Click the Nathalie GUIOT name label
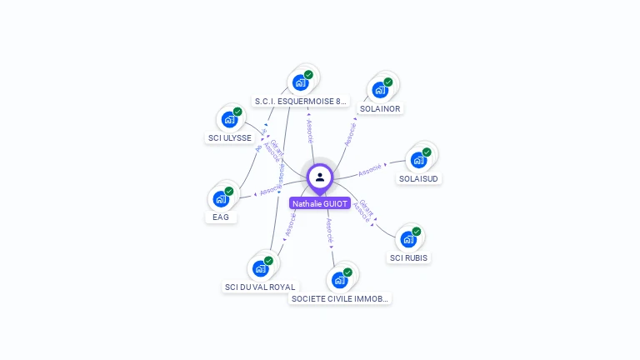320,203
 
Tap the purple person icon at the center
320,177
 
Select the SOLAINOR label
380,108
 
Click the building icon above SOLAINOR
381,89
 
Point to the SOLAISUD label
419,178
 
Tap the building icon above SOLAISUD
417,159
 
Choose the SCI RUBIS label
408,257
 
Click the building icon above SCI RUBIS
407,238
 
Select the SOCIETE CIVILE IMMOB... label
340,298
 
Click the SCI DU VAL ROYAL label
260,287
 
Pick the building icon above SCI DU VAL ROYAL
260,268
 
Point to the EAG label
221,217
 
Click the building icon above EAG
220,198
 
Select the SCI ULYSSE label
229,138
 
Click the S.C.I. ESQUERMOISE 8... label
300,102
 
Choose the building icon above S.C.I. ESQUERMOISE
300,82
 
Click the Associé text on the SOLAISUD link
369,170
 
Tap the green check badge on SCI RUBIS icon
417,232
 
